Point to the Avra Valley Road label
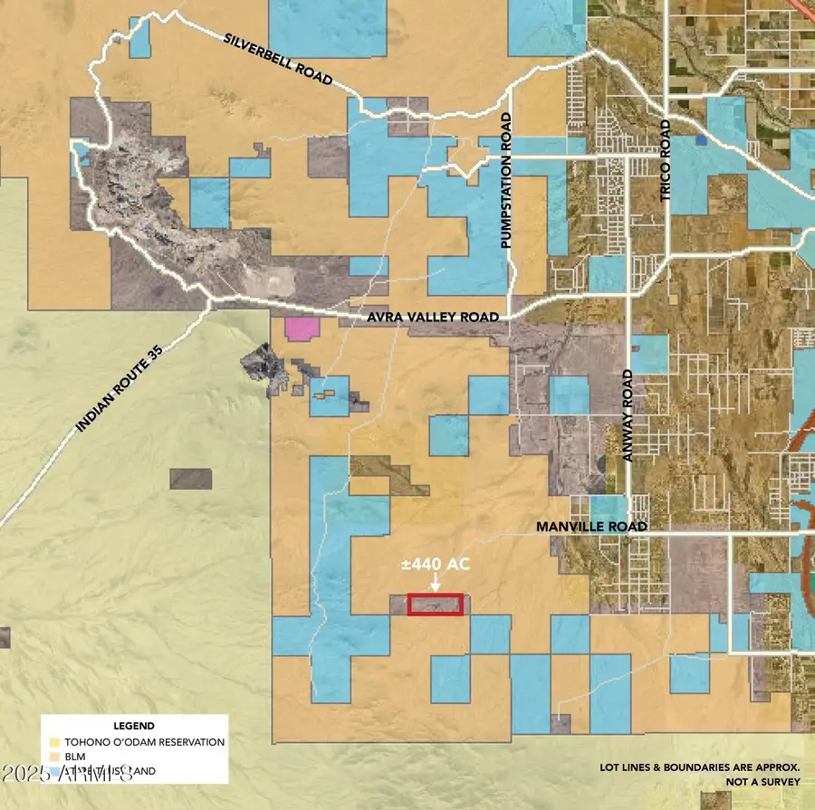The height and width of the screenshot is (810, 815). (433, 318)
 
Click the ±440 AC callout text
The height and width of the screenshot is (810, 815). (436, 564)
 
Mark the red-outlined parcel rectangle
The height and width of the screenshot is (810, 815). (436, 605)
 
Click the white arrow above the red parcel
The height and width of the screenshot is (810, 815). (436, 584)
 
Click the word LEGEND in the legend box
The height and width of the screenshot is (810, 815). (133, 726)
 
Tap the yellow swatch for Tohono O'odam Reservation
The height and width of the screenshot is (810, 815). (53, 742)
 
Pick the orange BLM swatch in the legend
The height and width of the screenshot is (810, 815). (53, 757)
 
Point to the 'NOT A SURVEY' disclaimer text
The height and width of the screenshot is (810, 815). (762, 782)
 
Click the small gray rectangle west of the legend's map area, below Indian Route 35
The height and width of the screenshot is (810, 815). (190, 479)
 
